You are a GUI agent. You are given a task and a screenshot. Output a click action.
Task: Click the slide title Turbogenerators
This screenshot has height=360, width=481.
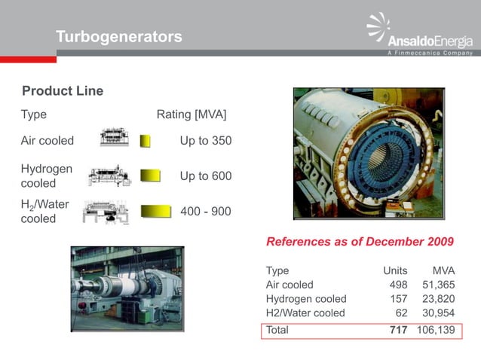119,36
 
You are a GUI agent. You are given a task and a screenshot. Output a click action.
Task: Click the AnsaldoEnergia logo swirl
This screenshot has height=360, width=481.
378,28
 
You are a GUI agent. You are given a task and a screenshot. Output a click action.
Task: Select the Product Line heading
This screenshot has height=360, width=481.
63,91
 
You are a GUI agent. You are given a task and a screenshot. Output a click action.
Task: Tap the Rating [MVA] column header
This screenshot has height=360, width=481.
191,114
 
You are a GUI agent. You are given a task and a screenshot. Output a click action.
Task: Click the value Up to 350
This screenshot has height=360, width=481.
206,141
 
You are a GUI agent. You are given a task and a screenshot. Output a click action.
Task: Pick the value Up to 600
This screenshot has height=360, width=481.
206,175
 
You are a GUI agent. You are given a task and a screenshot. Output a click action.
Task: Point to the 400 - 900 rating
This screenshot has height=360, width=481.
206,212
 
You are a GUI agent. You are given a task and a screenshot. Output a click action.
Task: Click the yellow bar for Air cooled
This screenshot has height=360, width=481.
146,141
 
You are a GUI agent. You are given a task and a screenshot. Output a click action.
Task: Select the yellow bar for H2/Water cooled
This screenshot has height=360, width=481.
157,211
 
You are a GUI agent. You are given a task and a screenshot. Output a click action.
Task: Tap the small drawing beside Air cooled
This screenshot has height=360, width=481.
115,139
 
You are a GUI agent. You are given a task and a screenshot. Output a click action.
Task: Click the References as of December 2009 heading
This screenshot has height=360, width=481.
360,242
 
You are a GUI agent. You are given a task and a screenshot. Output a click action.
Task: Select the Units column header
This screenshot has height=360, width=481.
395,270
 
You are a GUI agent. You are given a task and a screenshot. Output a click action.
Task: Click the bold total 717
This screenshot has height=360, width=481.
397,330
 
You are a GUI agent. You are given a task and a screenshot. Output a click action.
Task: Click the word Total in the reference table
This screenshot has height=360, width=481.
277,330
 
